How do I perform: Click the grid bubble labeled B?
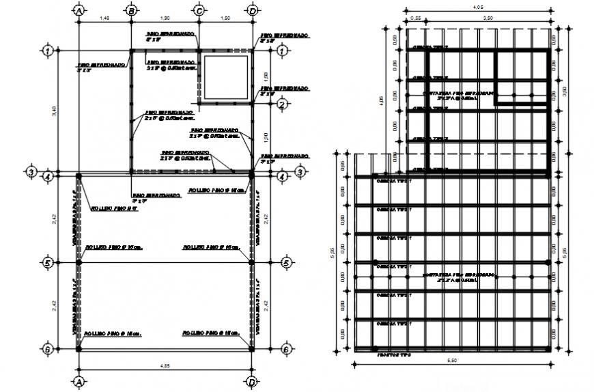pos(131,11)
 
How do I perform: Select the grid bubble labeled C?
pos(199,11)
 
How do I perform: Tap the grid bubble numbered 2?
pos(281,104)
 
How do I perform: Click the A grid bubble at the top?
pos(79,11)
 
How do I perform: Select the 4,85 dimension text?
pos(165,366)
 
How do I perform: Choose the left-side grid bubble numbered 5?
pos(47,262)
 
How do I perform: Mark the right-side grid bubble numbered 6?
pos(286,348)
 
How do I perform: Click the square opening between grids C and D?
pos(226,77)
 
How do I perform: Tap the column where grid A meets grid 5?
pos(79,262)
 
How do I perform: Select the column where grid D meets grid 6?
pos(252,348)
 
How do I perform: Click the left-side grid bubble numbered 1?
pos(47,51)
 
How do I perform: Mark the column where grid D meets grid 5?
pos(252,262)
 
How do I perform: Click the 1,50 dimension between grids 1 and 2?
pos(268,76)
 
